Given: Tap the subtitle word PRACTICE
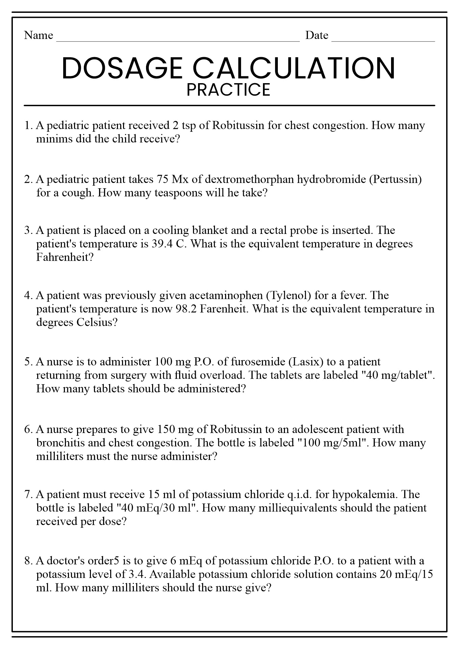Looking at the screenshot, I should click(x=228, y=90).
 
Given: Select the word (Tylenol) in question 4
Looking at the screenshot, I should click(x=288, y=295).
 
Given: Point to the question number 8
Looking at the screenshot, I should click(x=28, y=561).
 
